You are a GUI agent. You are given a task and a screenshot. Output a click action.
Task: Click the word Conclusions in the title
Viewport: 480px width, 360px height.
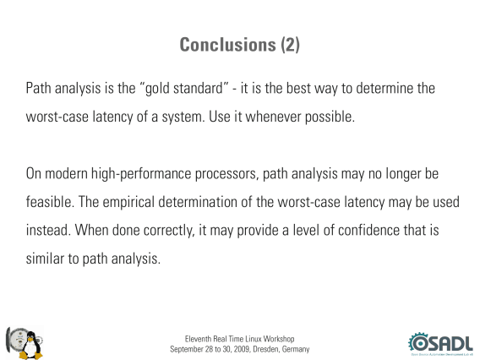pyautogui.click(x=228, y=45)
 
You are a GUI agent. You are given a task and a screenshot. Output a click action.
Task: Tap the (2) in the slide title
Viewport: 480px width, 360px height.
pyautogui.click(x=291, y=45)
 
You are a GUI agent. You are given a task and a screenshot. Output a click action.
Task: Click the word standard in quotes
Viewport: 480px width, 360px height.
pyautogui.click(x=198, y=88)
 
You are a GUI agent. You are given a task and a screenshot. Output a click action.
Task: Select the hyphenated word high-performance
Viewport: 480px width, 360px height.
pyautogui.click(x=141, y=174)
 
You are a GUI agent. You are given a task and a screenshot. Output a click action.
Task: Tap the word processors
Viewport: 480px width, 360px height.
pyautogui.click(x=226, y=174)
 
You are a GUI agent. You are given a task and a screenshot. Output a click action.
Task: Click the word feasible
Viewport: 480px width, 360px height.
pyautogui.click(x=50, y=202)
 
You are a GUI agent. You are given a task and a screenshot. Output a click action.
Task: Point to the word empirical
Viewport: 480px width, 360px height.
pyautogui.click(x=128, y=202)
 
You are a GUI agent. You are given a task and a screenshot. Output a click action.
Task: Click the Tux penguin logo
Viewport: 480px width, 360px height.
pyautogui.click(x=30, y=345)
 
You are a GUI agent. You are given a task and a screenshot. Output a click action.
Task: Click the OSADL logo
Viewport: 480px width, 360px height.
pyautogui.click(x=440, y=344)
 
